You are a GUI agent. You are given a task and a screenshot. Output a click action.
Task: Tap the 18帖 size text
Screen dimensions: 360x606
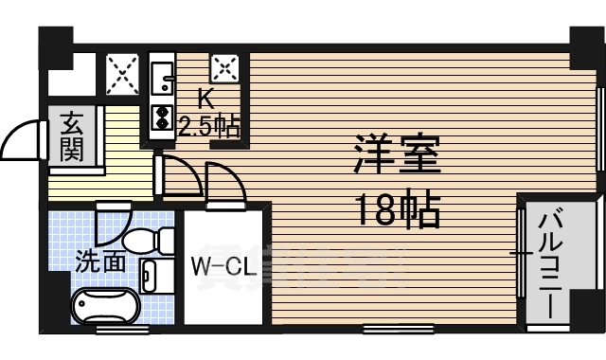pos(398,210)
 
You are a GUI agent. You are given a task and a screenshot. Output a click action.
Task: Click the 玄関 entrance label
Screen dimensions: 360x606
pos(72,136)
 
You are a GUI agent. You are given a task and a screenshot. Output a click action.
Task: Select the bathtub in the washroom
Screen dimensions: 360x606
pos(106,307)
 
